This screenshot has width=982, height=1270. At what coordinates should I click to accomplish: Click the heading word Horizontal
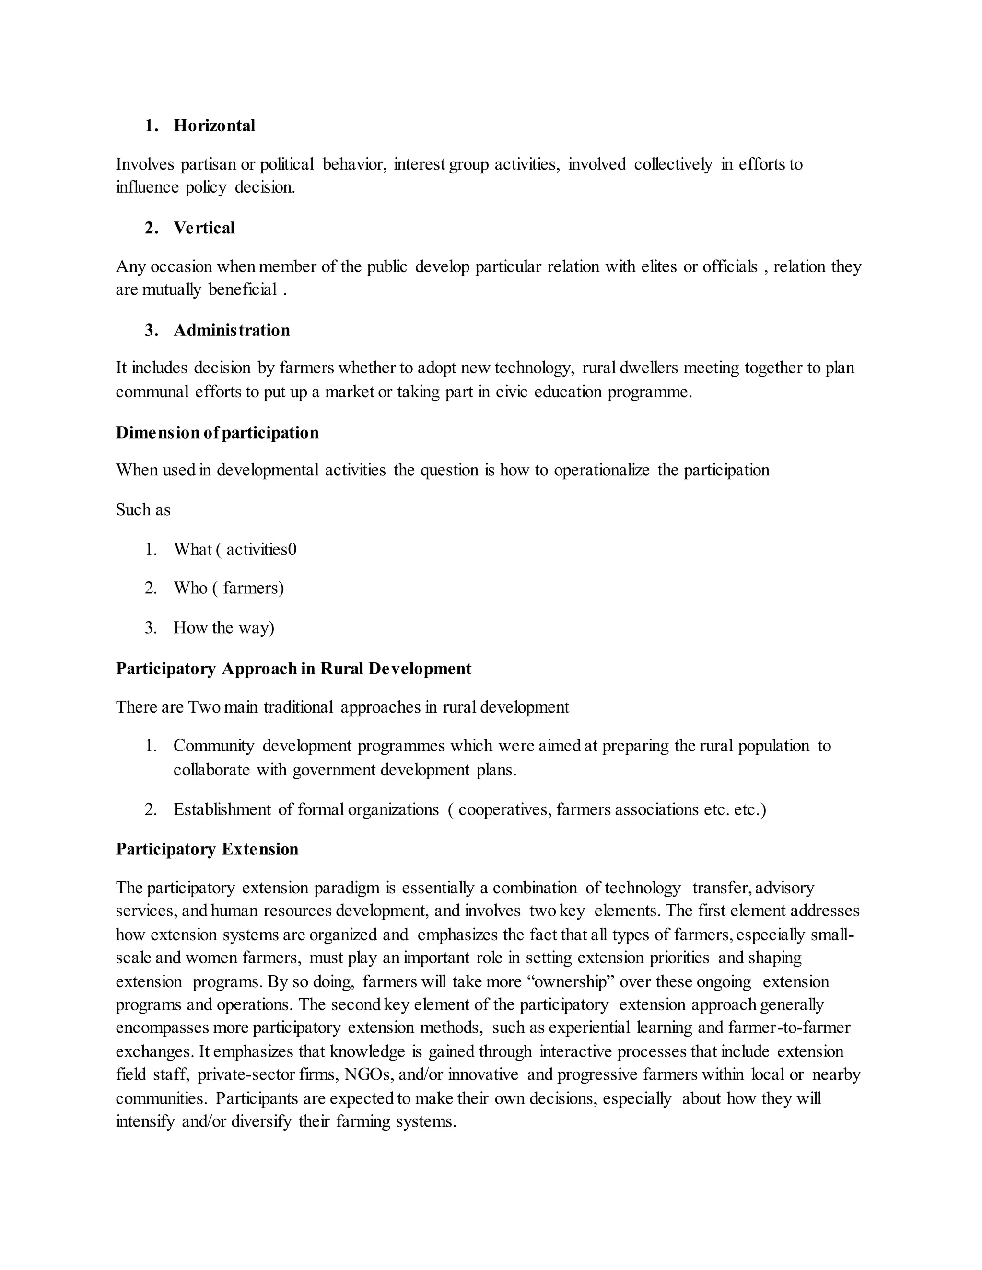pyautogui.click(x=214, y=126)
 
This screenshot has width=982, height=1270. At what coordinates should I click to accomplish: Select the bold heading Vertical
pyautogui.click(x=204, y=228)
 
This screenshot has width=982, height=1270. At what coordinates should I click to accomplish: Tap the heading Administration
pyautogui.click(x=232, y=330)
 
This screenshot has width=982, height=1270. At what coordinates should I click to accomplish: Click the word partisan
pyautogui.click(x=208, y=164)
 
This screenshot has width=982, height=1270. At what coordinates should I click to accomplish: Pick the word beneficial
pyautogui.click(x=243, y=289)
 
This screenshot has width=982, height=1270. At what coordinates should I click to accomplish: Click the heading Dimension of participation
pyautogui.click(x=217, y=433)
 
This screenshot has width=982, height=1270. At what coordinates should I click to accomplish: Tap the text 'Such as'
pyautogui.click(x=143, y=510)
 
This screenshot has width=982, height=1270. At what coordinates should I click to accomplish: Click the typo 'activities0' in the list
pyautogui.click(x=261, y=550)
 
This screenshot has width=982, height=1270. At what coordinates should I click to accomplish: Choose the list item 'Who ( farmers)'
pyautogui.click(x=229, y=589)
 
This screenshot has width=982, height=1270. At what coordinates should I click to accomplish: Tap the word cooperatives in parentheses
pyautogui.click(x=504, y=809)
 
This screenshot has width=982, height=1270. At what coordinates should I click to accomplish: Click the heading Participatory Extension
pyautogui.click(x=207, y=849)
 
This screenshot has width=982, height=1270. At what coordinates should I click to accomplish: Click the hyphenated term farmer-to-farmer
pyautogui.click(x=789, y=1028)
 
